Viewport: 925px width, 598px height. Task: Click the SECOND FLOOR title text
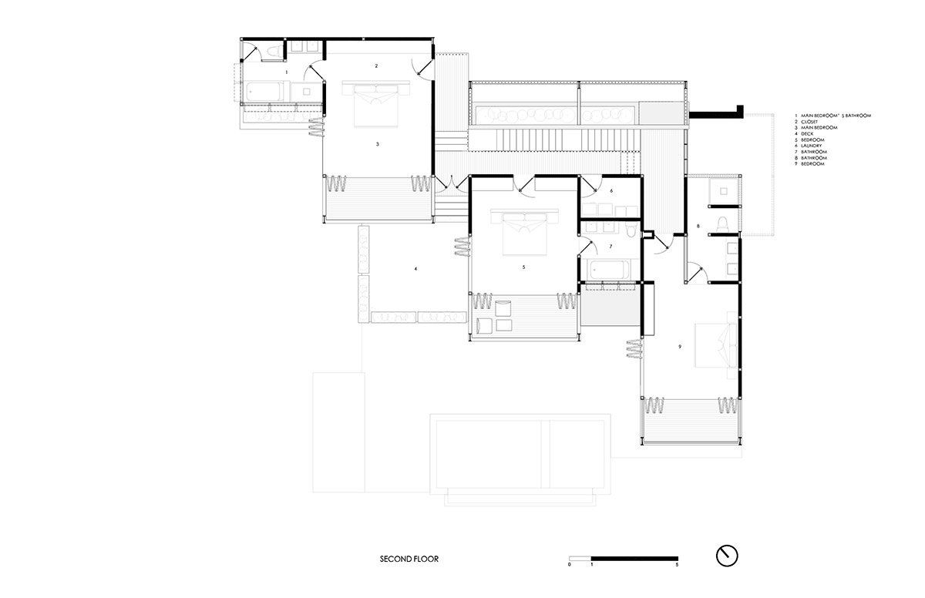(409, 559)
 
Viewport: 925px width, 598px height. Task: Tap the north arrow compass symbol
(727, 556)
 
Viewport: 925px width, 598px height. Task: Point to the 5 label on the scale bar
(677, 565)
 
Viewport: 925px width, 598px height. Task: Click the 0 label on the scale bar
(570, 565)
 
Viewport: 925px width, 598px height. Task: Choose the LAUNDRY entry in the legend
(808, 146)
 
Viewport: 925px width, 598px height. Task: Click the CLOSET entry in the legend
(806, 122)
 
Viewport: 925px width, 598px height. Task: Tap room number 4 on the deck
(415, 269)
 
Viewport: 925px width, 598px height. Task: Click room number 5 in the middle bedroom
(523, 267)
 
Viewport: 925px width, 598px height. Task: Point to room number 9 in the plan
(680, 347)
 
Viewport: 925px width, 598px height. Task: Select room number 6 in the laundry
(611, 190)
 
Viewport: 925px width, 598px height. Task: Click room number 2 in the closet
(376, 66)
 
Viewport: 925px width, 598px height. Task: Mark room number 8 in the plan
(698, 226)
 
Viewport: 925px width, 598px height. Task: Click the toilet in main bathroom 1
(274, 52)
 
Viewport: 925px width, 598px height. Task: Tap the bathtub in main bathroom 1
(264, 92)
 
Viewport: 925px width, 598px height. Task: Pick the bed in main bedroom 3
(376, 104)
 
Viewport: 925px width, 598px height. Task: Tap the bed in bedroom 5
(524, 233)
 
